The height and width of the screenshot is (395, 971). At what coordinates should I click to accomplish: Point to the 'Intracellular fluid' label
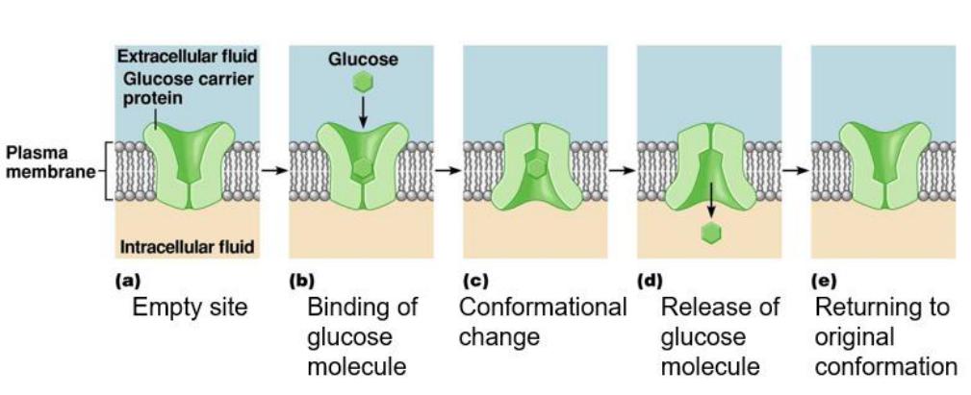(187, 248)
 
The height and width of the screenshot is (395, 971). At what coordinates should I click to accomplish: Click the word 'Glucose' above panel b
(363, 60)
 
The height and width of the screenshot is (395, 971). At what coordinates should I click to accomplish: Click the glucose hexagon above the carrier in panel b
(363, 83)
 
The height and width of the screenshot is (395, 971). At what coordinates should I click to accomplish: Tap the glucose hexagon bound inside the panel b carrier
(363, 170)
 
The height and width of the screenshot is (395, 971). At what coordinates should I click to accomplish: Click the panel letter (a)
(125, 283)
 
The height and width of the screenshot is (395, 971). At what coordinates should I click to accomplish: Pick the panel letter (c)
(475, 283)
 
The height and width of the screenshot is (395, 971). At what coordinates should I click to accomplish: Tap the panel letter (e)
(825, 283)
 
